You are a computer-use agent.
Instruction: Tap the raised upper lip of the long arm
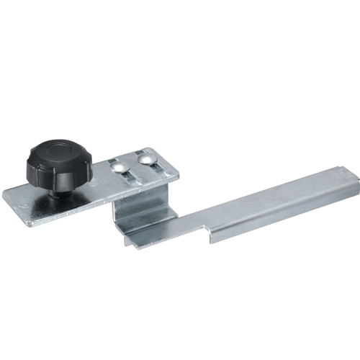[x=274, y=189]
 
